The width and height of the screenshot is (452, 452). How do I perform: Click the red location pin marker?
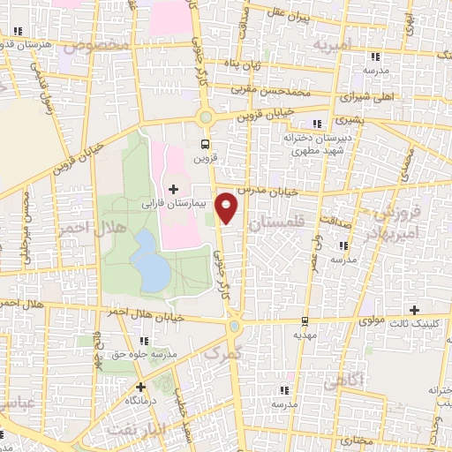(x=228, y=207)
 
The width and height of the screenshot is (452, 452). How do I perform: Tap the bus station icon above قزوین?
(x=206, y=145)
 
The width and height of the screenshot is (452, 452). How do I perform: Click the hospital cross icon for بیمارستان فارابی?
(x=173, y=189)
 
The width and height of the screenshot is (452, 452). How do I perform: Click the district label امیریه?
(x=338, y=42)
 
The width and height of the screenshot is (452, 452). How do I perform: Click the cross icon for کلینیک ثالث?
(x=414, y=309)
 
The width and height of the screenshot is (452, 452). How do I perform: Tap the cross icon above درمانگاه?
(x=140, y=387)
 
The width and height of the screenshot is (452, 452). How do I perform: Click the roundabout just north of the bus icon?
(x=206, y=117)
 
